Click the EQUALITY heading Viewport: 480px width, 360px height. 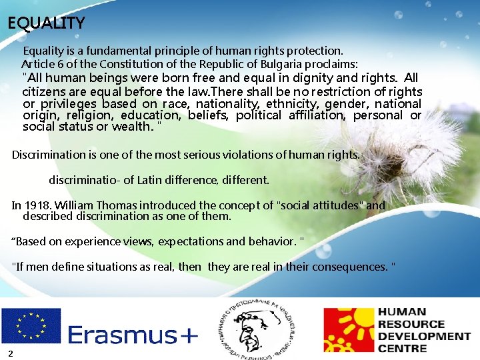tap(46, 23)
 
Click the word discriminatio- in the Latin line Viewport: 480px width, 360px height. tap(82, 180)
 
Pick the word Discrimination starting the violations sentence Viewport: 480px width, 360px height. tap(48, 155)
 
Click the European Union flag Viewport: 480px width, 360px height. tap(31, 325)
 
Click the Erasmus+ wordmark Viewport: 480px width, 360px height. tap(133, 335)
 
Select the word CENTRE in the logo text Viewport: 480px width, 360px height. tap(402, 348)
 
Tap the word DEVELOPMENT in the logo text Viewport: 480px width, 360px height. tap(424, 336)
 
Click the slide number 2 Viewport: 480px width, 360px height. tap(11, 352)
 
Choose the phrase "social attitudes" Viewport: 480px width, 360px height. tap(318, 205)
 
